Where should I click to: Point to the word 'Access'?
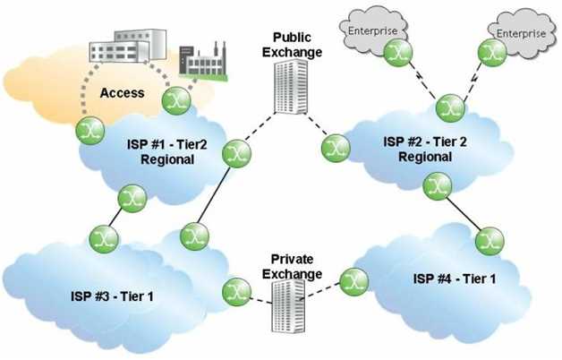pos(123,92)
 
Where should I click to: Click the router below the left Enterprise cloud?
pos(396,54)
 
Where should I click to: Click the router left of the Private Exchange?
pos(237,289)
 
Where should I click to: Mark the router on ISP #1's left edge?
pos(89,130)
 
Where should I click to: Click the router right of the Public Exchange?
pos(334,145)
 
